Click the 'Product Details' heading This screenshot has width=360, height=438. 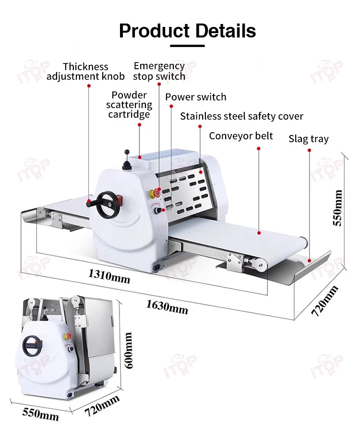pos(187,31)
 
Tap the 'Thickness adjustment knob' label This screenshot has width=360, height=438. pos(85,72)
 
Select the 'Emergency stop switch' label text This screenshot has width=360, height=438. pos(159,71)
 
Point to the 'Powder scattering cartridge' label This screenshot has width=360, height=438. pos(129,105)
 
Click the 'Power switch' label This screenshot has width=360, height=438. pos(196,97)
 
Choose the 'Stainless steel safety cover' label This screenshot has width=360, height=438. pos(241,116)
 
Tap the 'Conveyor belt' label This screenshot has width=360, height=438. pos(240,136)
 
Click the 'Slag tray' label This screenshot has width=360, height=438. pos(308,139)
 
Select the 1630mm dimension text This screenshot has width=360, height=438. pos(167,305)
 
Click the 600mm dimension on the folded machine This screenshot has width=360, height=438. pos(128,351)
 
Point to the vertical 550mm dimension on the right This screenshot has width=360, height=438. pos(338,207)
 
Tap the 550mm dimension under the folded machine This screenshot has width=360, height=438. pos(40,413)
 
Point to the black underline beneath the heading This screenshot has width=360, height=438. pos(187,46)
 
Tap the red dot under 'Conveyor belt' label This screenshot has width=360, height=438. pos(259,149)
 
